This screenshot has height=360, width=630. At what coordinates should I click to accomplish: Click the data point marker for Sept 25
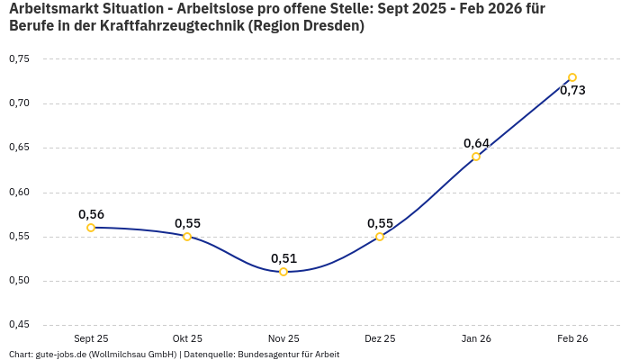(x=91, y=228)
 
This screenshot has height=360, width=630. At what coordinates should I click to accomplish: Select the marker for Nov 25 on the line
(x=283, y=272)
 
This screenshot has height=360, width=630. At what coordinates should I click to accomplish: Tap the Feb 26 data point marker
(x=572, y=77)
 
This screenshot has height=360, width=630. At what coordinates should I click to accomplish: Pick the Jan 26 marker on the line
(x=476, y=157)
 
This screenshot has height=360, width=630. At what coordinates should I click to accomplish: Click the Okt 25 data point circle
(x=187, y=237)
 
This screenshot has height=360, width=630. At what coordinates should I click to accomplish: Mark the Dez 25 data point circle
(x=380, y=237)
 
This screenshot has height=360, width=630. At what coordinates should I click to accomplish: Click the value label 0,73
(x=572, y=91)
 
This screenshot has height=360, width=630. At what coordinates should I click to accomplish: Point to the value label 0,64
(x=476, y=143)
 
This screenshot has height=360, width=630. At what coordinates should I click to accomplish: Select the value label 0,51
(x=283, y=258)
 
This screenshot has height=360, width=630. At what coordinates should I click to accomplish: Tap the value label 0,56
(x=91, y=214)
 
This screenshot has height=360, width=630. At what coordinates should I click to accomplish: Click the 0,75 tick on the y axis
(x=19, y=59)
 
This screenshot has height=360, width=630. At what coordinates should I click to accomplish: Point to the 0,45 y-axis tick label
(x=19, y=325)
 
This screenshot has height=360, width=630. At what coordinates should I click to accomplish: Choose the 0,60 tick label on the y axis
(x=19, y=193)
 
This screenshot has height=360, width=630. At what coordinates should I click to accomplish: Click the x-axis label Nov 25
(x=283, y=338)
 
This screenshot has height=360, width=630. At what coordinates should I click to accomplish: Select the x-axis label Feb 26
(x=572, y=338)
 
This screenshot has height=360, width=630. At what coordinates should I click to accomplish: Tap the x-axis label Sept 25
(x=91, y=338)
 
